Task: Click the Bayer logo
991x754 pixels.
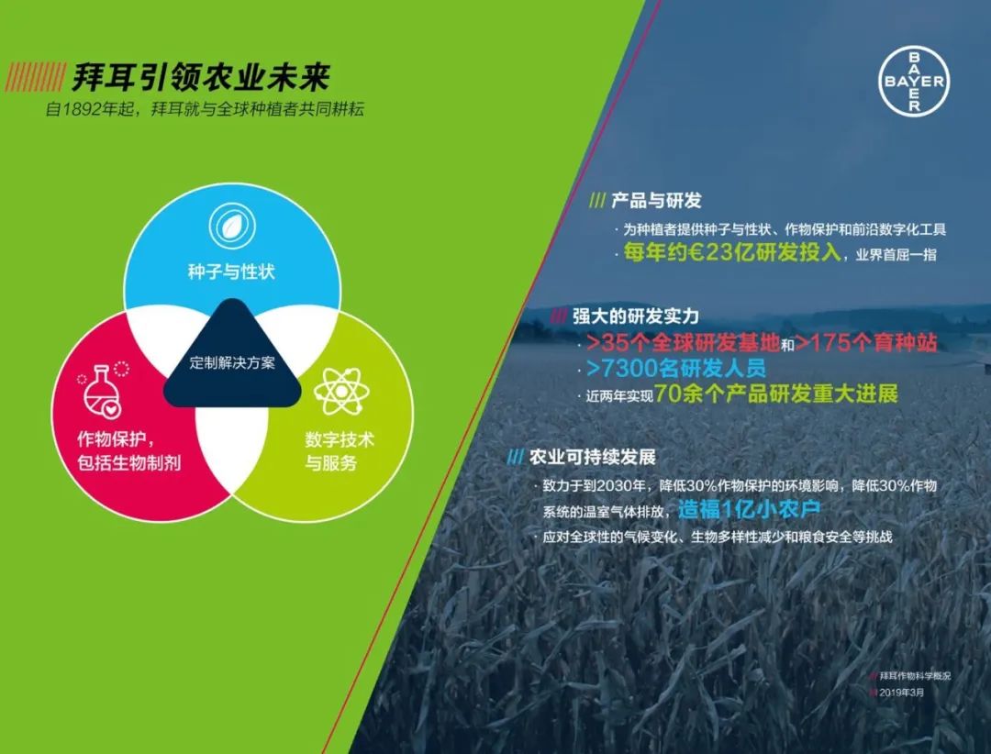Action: click(914, 82)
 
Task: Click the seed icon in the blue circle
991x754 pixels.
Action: click(225, 225)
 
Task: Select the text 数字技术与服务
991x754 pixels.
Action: click(339, 451)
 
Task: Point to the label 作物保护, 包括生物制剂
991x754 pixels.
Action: click(128, 450)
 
